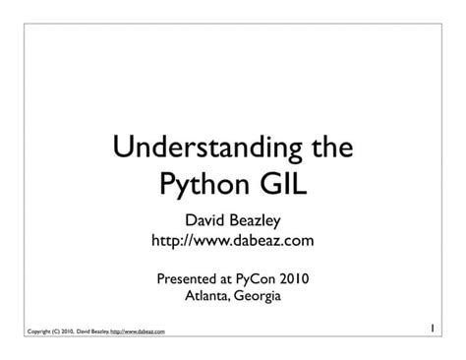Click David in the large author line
pyautogui.click(x=204, y=219)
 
